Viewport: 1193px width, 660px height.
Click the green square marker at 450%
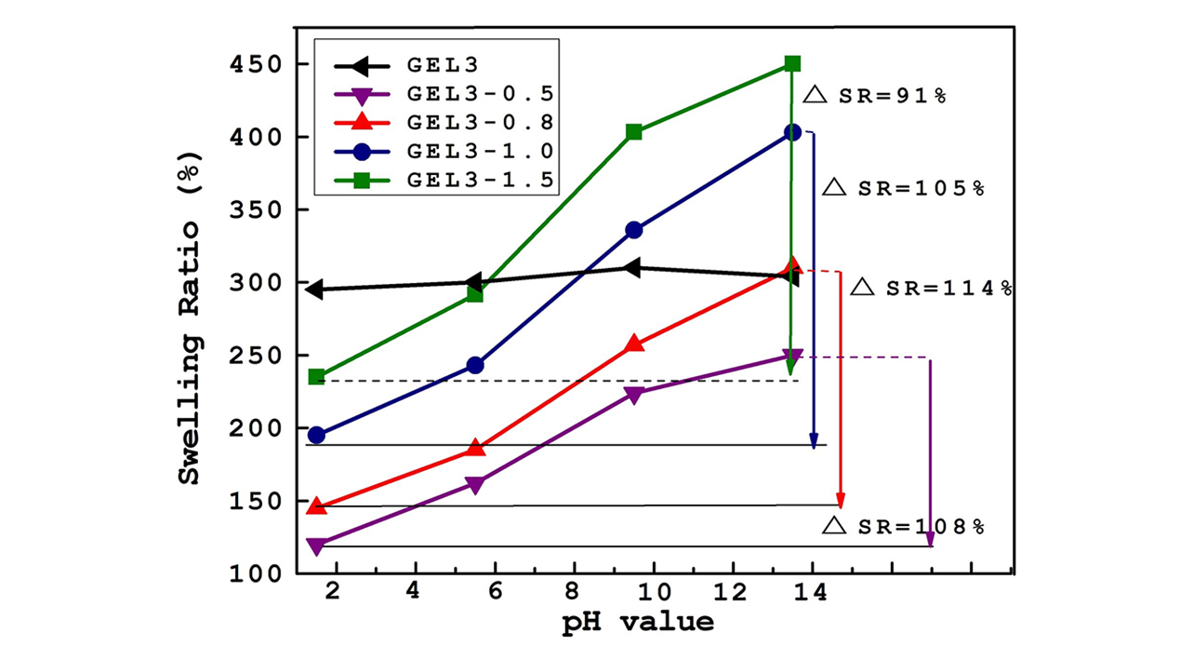click(x=792, y=63)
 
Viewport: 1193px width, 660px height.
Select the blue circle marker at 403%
click(x=792, y=133)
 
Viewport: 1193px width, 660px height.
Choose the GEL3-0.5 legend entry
click(x=482, y=93)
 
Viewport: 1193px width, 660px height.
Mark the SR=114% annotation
click(x=932, y=288)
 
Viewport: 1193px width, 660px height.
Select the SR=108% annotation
click(x=903, y=526)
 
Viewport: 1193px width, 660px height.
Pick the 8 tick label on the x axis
click(x=574, y=593)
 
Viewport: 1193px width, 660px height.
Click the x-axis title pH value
click(x=638, y=622)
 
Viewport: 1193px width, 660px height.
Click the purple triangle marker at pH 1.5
click(x=316, y=546)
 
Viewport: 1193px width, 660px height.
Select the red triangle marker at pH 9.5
click(x=633, y=343)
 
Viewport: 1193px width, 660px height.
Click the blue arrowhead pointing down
click(x=815, y=442)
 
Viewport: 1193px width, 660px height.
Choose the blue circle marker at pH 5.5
click(x=474, y=365)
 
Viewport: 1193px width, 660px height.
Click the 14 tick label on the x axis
click(x=812, y=593)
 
